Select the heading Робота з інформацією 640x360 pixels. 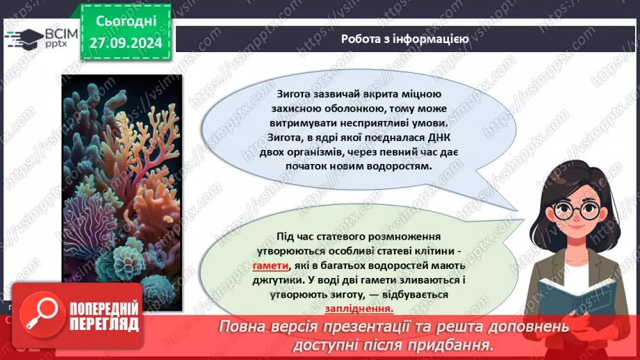pos(404,39)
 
